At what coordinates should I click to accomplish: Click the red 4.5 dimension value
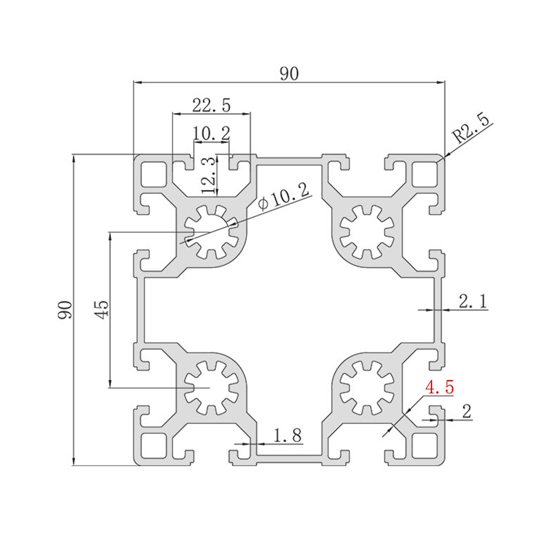point(439,387)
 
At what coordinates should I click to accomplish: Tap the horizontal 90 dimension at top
point(289,74)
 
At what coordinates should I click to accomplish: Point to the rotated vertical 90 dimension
point(65,310)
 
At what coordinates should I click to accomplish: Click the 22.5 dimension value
point(211,105)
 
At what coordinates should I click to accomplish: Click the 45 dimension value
point(102,310)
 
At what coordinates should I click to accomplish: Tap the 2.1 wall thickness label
point(473,302)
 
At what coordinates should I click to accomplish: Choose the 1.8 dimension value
point(288,435)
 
